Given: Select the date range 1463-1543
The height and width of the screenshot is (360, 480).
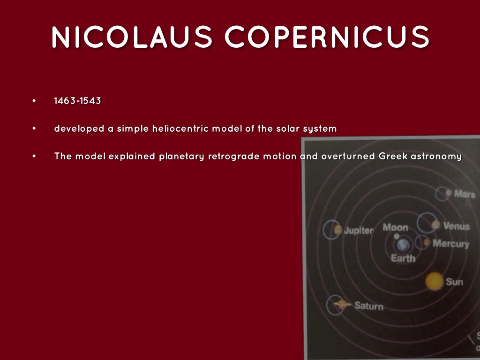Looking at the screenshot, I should tap(77, 101).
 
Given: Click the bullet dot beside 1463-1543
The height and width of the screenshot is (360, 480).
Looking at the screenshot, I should tap(34, 101).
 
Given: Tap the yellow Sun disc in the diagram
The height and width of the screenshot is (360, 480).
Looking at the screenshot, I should tap(434, 281).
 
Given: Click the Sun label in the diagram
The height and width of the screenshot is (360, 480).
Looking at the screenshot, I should tap(454, 282).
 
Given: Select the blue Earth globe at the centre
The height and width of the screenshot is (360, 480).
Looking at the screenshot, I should tap(403, 244).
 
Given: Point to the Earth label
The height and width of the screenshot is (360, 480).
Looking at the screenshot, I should tap(403, 258).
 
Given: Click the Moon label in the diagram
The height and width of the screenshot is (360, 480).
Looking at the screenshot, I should tap(395, 228).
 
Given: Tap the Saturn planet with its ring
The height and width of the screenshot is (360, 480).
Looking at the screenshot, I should tap(341, 304).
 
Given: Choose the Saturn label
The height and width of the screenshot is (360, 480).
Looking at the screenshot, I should tap(368, 306).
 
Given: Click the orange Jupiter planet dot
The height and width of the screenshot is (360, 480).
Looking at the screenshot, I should tap(338, 230).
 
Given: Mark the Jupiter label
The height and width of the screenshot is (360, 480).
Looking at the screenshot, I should tap(359, 231).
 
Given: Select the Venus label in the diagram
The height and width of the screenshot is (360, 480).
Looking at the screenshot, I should tap(456, 226).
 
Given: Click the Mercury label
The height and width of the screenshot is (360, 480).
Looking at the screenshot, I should tap(450, 244).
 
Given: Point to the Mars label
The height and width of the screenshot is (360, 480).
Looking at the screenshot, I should tap(464, 194).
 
